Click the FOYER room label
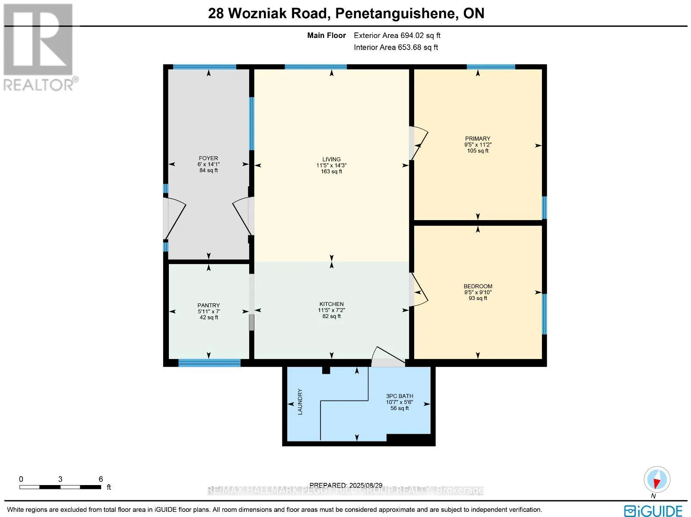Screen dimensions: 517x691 (x=208, y=158)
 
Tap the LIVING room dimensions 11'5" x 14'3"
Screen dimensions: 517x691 (x=331, y=165)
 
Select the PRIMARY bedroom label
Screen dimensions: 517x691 (x=478, y=139)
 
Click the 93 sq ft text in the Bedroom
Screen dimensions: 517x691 (x=478, y=298)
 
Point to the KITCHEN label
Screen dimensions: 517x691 (x=331, y=304)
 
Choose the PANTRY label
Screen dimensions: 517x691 (x=209, y=305)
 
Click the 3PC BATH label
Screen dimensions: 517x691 (x=399, y=396)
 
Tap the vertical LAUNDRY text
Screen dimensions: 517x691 (x=300, y=402)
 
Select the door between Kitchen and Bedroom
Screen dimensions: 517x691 (x=418, y=290)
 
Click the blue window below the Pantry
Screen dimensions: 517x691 (x=209, y=363)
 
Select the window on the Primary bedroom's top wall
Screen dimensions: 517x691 (x=491, y=67)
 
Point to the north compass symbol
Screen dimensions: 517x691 (x=657, y=480)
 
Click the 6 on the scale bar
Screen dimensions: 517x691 (x=101, y=479)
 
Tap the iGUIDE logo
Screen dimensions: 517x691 (x=653, y=511)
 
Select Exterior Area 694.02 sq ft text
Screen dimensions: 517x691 (x=397, y=35)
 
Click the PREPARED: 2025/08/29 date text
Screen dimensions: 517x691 (x=346, y=485)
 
